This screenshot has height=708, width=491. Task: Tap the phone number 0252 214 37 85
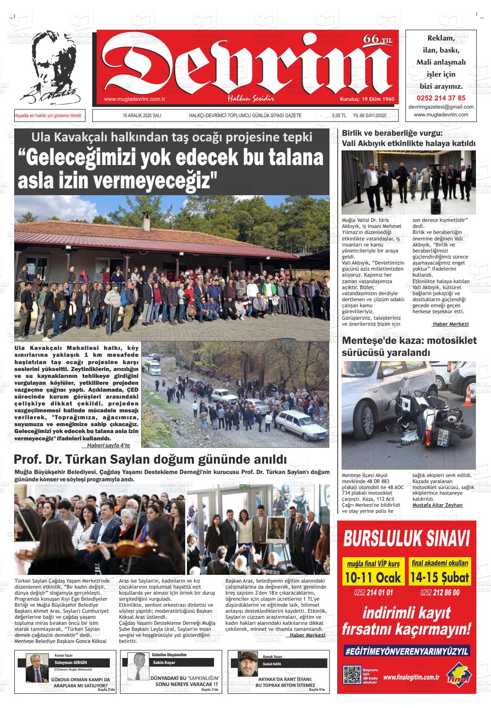441,98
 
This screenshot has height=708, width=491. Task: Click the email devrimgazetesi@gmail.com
441,107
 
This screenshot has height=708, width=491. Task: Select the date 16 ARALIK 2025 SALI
142,115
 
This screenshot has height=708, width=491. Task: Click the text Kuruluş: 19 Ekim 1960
367,99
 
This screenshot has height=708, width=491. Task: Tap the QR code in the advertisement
351,675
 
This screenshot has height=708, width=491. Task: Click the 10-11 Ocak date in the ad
373,577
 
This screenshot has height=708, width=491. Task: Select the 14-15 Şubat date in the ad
439,577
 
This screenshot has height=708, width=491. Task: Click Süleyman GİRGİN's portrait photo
36,667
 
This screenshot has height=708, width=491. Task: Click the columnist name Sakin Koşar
164,663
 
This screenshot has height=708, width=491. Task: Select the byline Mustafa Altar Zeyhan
437,505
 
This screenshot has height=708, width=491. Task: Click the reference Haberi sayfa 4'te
109,446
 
